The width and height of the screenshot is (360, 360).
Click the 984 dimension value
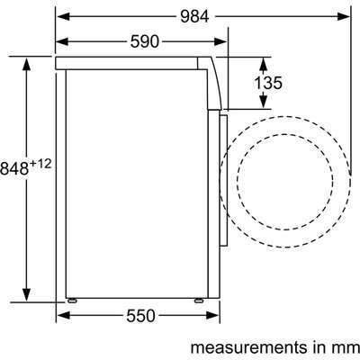(x=194, y=17)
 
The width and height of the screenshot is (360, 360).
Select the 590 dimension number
(x=144, y=41)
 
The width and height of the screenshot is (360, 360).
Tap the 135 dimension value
(x=268, y=83)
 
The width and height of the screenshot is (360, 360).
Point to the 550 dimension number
(x=140, y=316)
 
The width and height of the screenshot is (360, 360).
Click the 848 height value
(x=14, y=168)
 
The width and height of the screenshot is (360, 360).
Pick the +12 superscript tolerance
(x=40, y=165)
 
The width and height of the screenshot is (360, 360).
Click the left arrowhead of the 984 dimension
(x=63, y=17)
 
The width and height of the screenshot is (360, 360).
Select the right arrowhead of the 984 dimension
(x=343, y=17)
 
